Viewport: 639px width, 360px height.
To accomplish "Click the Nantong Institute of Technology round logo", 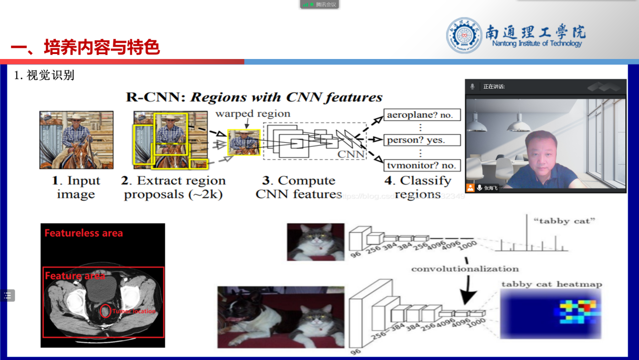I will click(464, 35).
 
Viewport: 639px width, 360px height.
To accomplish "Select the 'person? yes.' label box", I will click(422, 140).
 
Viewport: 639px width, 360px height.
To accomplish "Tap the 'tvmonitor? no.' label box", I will click(422, 165).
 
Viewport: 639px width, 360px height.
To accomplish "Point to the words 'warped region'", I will click(252, 114).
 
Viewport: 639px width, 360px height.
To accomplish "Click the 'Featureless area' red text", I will click(84, 233).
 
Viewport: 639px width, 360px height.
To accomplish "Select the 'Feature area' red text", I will click(75, 276).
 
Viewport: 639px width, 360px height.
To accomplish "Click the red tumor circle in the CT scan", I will click(105, 311).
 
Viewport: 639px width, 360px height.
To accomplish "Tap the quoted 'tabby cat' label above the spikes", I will click(564, 220).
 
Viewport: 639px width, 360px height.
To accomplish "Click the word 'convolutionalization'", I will click(465, 269).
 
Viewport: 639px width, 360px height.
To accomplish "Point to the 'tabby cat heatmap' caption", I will click(551, 284).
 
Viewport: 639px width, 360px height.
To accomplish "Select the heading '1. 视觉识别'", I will click(44, 76).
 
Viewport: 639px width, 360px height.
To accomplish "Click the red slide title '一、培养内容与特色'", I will click(85, 47).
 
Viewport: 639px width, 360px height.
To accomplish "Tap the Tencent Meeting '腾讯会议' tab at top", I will click(319, 5).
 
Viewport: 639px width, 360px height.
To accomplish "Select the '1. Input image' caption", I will click(76, 187).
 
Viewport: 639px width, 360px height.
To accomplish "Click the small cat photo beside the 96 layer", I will click(315, 242).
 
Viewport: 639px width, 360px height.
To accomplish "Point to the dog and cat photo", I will click(281, 317).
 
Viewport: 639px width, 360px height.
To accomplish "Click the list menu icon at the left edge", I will click(8, 295).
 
